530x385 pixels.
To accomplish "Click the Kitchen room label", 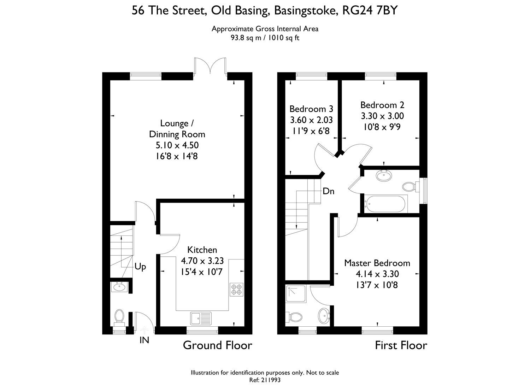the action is (x=202, y=250).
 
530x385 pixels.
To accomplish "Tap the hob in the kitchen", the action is (x=236, y=290).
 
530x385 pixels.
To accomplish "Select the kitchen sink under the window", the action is (x=201, y=318).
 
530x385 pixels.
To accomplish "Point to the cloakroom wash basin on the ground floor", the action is (x=120, y=287).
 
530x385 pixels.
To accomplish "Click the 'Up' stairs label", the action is (x=140, y=267).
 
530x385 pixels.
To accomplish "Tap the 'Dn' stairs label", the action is (x=328, y=191).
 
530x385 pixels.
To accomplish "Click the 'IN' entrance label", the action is (x=144, y=340).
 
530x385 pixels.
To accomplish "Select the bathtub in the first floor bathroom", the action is (x=385, y=204).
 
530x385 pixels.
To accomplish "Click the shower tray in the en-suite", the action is (x=296, y=294).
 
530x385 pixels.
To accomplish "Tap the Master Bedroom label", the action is (x=377, y=263).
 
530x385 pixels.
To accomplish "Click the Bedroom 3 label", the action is (x=311, y=109).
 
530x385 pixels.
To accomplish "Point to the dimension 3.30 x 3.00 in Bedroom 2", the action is (x=382, y=116).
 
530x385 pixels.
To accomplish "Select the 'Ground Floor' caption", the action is (x=217, y=345).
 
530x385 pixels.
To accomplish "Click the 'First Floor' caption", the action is (x=401, y=345).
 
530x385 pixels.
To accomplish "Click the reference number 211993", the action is (x=271, y=380).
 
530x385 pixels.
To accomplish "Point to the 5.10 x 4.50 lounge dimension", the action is (x=177, y=145).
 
